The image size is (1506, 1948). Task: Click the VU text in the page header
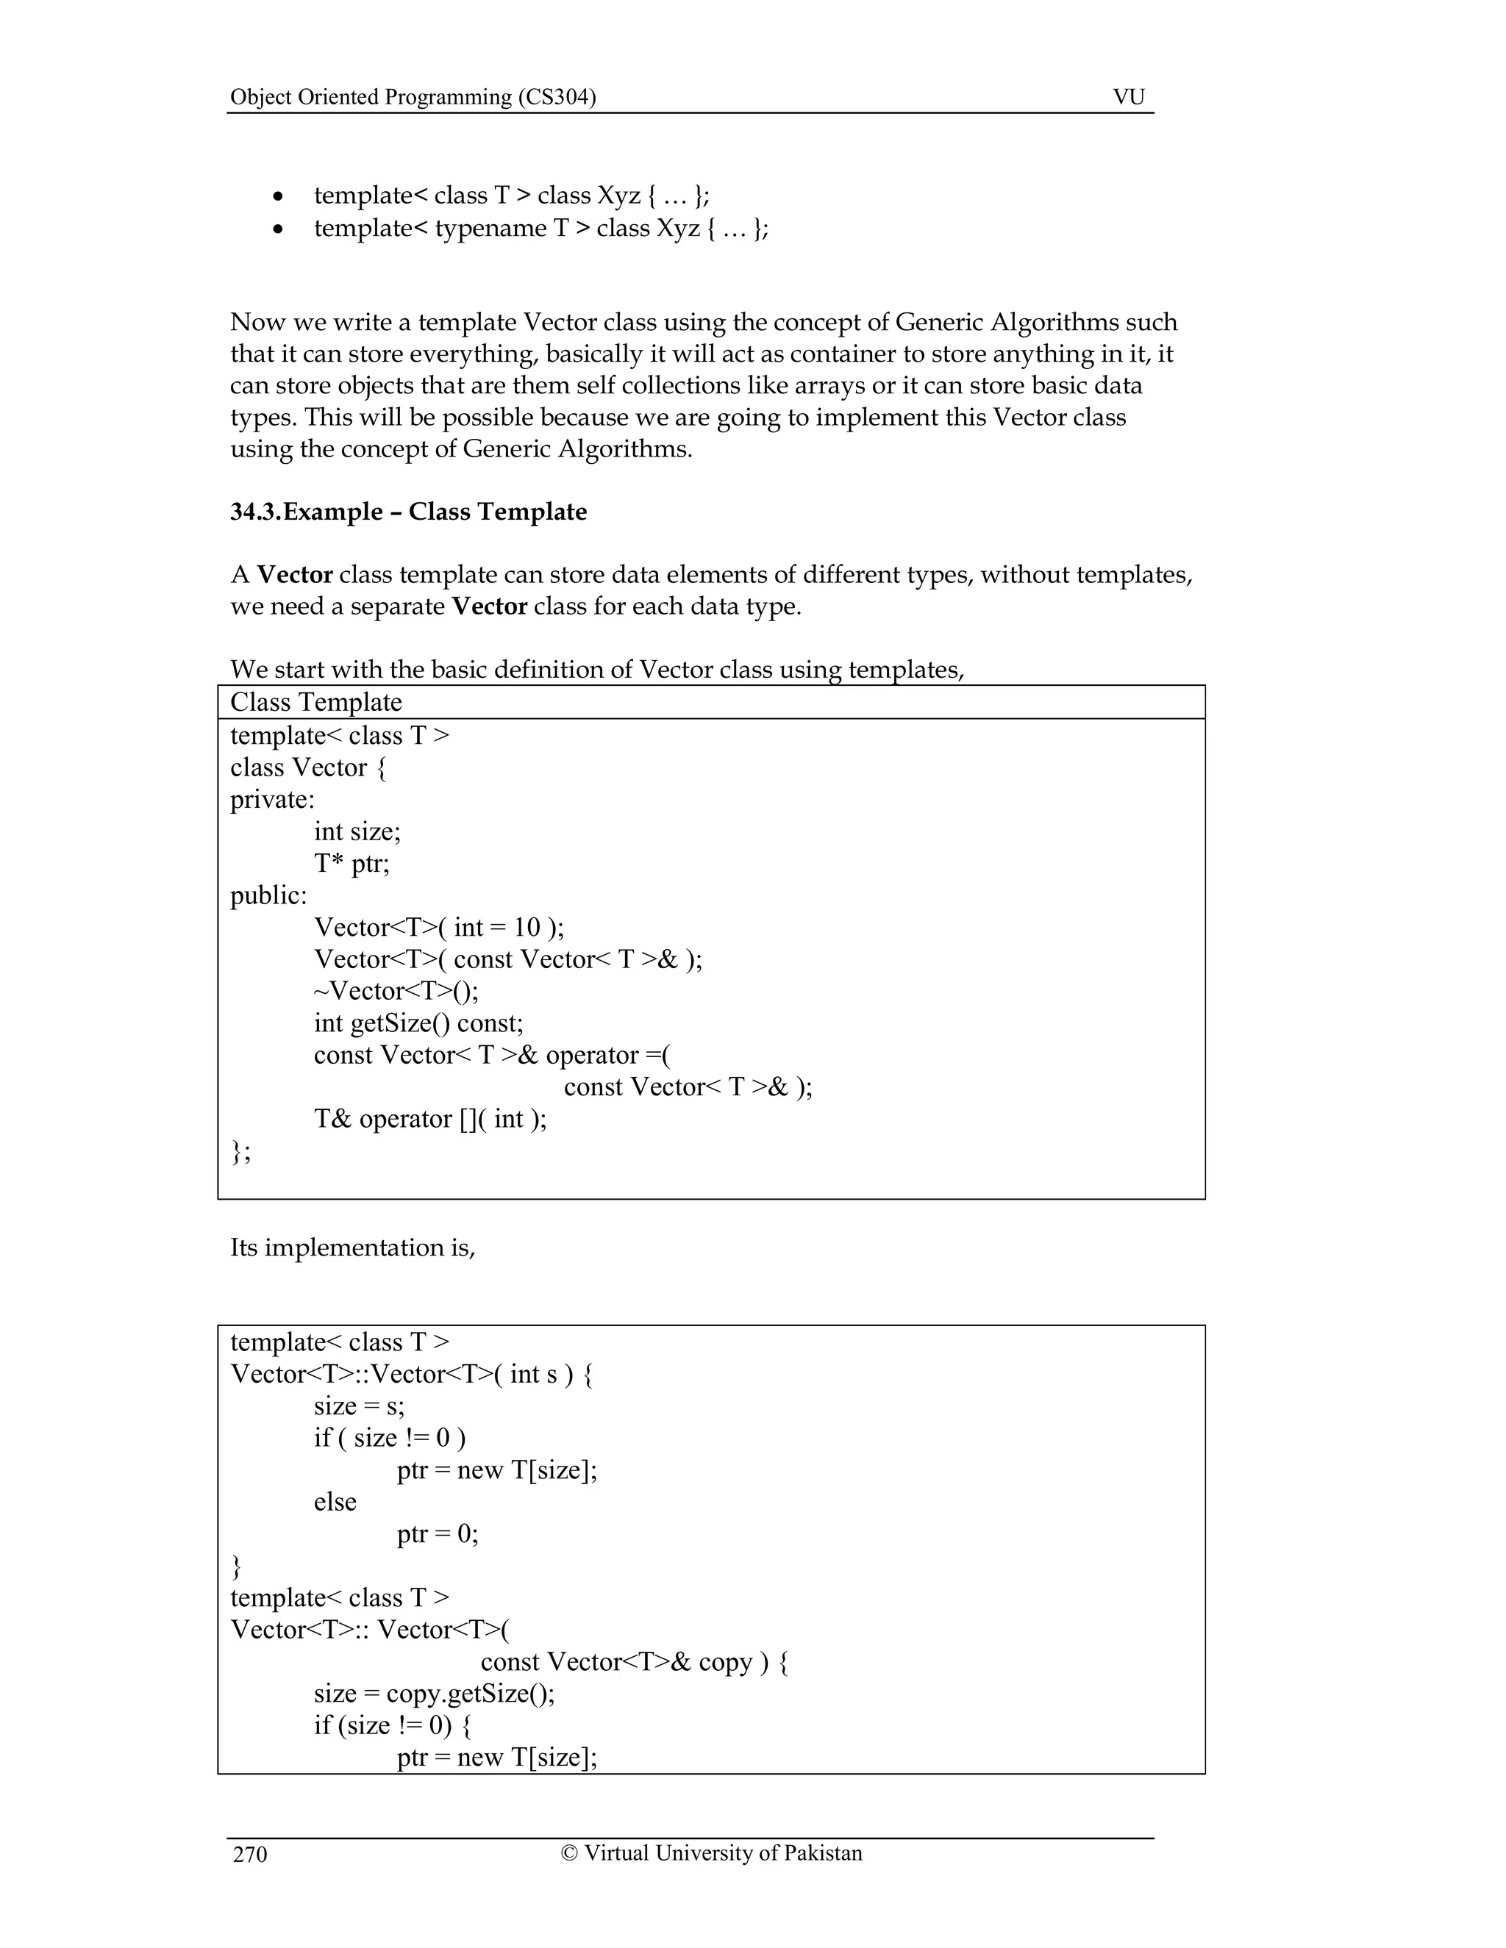coord(1129,96)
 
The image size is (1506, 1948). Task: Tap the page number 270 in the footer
coord(250,1855)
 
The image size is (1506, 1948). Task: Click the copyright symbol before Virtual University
coord(569,1852)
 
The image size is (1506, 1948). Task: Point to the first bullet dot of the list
coord(279,197)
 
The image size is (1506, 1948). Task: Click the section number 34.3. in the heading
coord(256,512)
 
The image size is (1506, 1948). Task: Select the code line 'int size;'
coord(357,831)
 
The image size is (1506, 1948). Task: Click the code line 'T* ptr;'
coord(351,864)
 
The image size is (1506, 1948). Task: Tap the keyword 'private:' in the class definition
coord(272,799)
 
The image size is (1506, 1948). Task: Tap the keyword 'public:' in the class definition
coord(268,895)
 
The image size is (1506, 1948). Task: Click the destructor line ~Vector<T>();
coord(396,991)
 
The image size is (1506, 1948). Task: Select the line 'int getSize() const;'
coord(418,1023)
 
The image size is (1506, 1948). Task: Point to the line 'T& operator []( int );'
coord(430,1119)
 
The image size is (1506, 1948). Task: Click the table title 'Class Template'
coord(315,702)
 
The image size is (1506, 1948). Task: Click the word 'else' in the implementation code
coord(335,1501)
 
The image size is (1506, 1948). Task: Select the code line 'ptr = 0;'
coord(438,1533)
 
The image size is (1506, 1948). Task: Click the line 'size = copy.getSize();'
coord(434,1693)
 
